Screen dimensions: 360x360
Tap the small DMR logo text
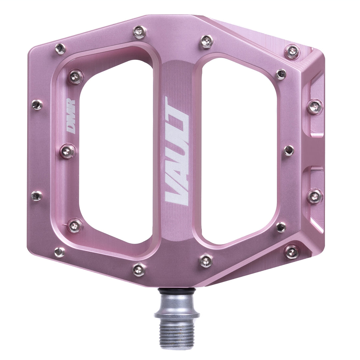tap(71, 117)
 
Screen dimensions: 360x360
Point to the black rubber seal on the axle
tap(176, 292)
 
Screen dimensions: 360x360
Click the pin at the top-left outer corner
tap(60, 49)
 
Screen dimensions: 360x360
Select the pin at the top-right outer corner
tap(292, 52)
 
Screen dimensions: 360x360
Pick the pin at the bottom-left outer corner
tap(60, 252)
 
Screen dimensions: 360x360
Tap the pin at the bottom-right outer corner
tap(292, 252)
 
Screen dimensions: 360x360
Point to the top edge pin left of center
tap(139, 32)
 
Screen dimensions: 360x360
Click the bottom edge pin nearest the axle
tap(206, 260)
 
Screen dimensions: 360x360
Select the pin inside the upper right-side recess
tap(315, 107)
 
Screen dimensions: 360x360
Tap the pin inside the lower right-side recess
tap(315, 196)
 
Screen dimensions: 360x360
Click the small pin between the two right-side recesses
tap(289, 151)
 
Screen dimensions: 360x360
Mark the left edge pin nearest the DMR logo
tap(37, 105)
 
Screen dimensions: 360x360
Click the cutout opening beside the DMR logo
tap(117, 150)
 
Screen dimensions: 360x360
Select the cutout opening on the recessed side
tap(238, 150)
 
